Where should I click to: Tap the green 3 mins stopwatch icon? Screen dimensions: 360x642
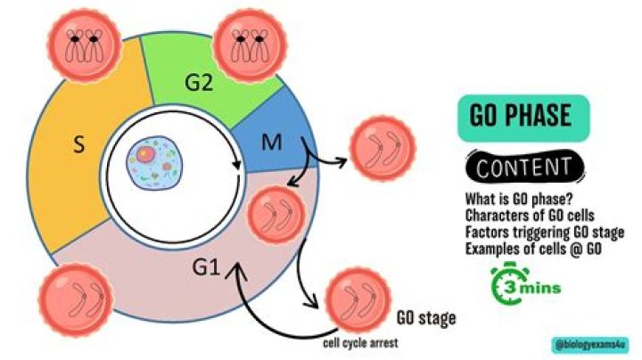tap(527, 283)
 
